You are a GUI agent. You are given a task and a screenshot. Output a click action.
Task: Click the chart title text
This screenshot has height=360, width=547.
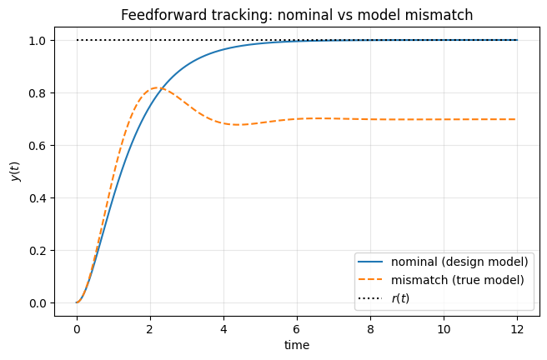coord(296,15)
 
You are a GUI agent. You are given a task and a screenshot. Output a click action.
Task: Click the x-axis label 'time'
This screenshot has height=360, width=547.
coord(296,343)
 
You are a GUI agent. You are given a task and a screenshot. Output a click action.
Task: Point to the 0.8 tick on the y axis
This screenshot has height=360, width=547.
coord(39,92)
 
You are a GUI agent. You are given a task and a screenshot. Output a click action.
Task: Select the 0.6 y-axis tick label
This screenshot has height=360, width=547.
coord(39,145)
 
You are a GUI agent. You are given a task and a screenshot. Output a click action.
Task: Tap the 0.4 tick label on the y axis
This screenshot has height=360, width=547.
coord(39,197)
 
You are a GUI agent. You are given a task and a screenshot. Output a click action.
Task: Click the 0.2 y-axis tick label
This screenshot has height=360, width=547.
coord(39,250)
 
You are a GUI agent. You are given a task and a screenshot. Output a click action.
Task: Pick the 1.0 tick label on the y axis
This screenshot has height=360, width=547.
coord(39,40)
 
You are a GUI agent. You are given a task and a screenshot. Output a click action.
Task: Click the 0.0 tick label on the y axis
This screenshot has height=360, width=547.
coord(39,302)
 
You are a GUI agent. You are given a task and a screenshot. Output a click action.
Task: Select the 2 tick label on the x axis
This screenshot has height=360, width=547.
coord(150,327)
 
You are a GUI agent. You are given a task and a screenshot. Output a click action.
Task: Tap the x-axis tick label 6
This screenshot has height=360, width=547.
coord(297,327)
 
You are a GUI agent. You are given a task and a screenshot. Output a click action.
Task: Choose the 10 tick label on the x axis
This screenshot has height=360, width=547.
coord(444,327)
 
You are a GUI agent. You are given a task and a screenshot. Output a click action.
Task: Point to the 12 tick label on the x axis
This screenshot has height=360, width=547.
coord(517,327)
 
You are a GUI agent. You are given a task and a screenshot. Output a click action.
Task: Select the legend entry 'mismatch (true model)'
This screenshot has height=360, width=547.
coord(457,280)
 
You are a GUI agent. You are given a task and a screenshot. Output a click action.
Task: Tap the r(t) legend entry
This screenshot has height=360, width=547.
coord(400,297)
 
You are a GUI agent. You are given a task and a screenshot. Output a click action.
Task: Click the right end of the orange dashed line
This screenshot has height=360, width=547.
coord(517,119)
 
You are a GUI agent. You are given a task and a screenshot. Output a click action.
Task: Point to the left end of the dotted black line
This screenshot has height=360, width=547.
coord(77,40)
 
